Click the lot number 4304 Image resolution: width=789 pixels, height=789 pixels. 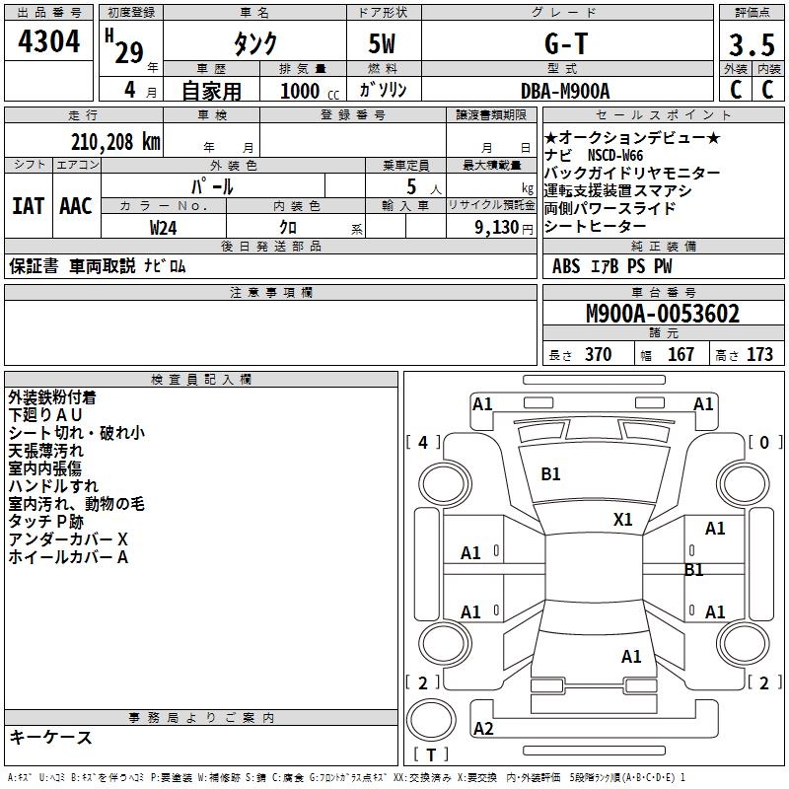50,43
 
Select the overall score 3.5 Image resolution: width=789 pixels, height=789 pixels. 751,45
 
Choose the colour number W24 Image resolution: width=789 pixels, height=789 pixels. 164,227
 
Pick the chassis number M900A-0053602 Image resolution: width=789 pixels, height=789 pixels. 662,315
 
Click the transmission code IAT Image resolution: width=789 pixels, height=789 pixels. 28,206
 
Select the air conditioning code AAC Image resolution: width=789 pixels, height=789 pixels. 75,206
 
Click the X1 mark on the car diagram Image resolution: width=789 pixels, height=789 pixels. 622,519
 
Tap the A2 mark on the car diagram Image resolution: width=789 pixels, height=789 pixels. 483,728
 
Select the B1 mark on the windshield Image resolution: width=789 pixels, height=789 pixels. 550,474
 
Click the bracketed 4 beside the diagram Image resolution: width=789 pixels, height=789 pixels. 423,443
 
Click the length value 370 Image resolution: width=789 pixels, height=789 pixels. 598,355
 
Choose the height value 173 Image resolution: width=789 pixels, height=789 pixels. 759,355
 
